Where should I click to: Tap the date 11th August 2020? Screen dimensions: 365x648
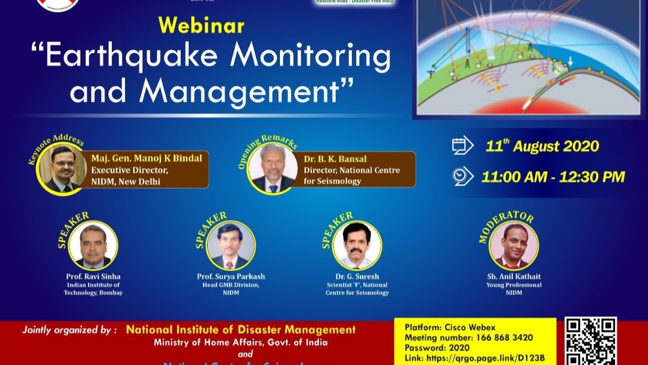coord(542,147)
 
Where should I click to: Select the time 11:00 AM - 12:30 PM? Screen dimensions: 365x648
coord(553,176)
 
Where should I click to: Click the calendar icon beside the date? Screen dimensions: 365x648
coord(462,145)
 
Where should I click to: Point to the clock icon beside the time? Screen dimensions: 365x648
coord(462,176)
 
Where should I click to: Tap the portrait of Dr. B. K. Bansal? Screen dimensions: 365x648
coord(272,169)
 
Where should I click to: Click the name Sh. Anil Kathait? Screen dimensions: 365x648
coord(514,276)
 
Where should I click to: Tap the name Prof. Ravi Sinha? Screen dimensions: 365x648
coord(93,276)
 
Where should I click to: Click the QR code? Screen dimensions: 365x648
coord(591,341)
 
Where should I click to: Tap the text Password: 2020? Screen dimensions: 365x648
coord(437,348)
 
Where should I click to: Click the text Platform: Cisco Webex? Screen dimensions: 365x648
coord(450,327)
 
